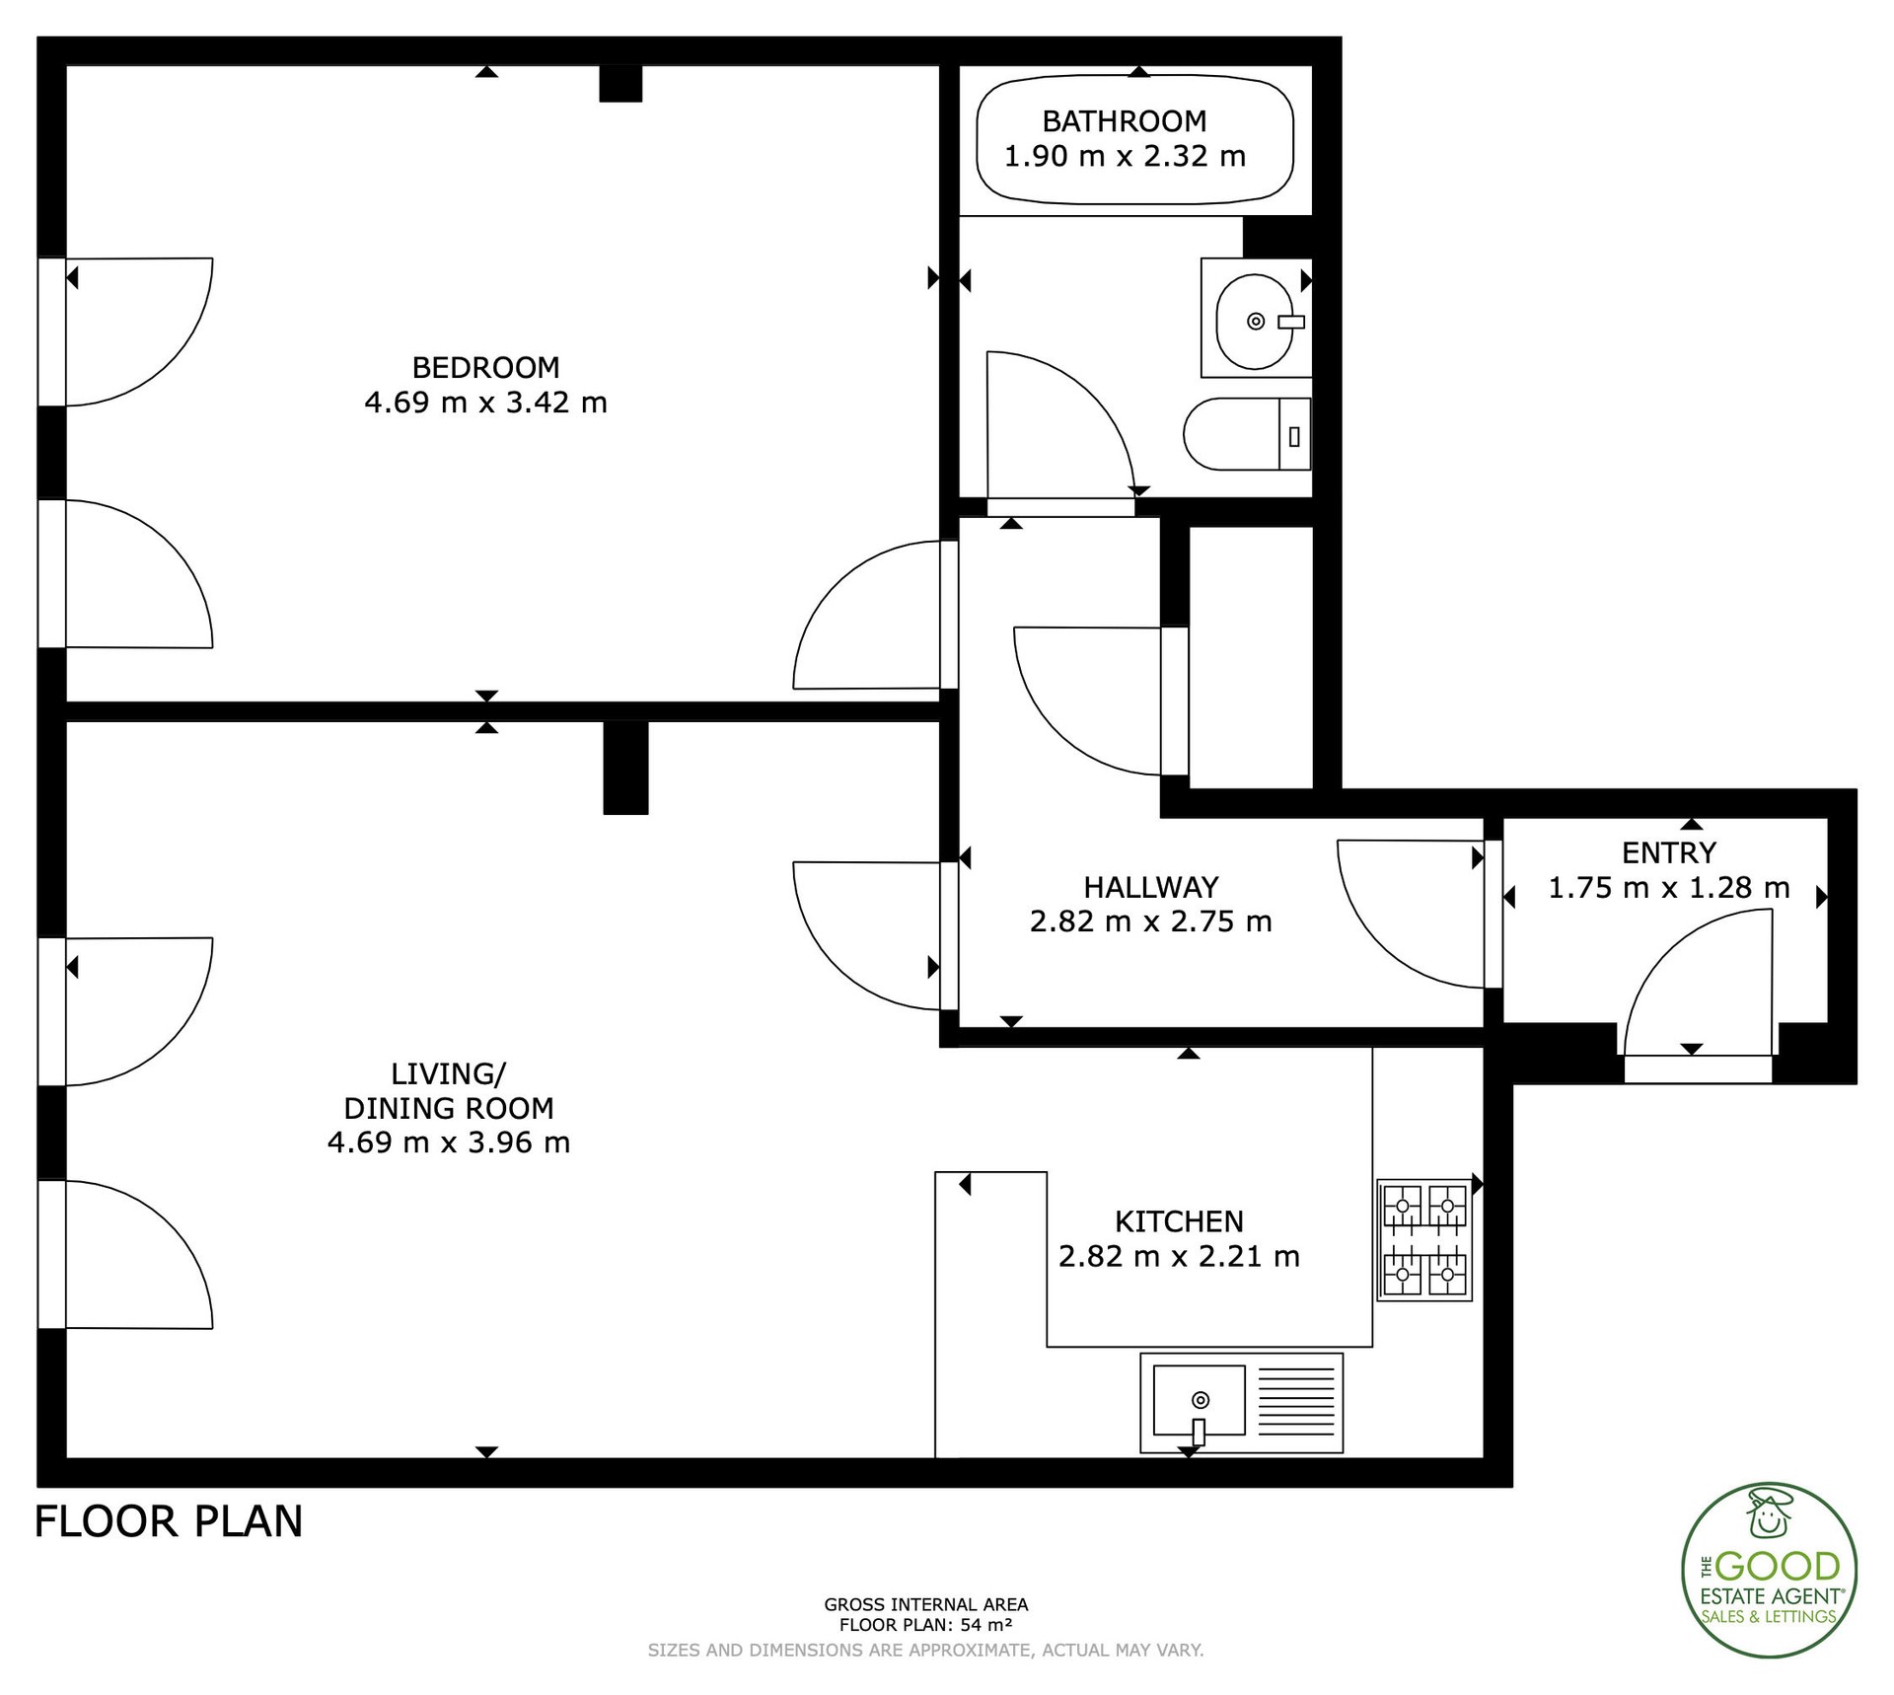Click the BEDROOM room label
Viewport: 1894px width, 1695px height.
[485, 367]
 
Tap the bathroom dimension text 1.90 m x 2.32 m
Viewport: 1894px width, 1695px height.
[1125, 156]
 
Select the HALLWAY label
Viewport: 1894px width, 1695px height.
[1151, 887]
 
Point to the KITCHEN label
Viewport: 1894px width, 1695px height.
[1179, 1221]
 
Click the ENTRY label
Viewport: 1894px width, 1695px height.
[1669, 852]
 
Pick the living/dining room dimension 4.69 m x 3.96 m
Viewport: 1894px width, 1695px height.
[449, 1142]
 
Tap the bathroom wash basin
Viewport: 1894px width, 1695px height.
[1256, 321]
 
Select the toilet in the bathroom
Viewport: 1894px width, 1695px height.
[1247, 434]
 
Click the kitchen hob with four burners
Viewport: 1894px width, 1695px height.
[1424, 1241]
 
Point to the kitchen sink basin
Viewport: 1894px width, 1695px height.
[1199, 1401]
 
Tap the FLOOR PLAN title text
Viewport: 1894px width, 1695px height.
[169, 1522]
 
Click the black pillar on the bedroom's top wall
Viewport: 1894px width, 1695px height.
[620, 84]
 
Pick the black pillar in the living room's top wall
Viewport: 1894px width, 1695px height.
[625, 768]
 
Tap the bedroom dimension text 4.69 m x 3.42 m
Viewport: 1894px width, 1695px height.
[485, 403]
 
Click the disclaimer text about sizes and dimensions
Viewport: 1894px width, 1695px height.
[925, 1650]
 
